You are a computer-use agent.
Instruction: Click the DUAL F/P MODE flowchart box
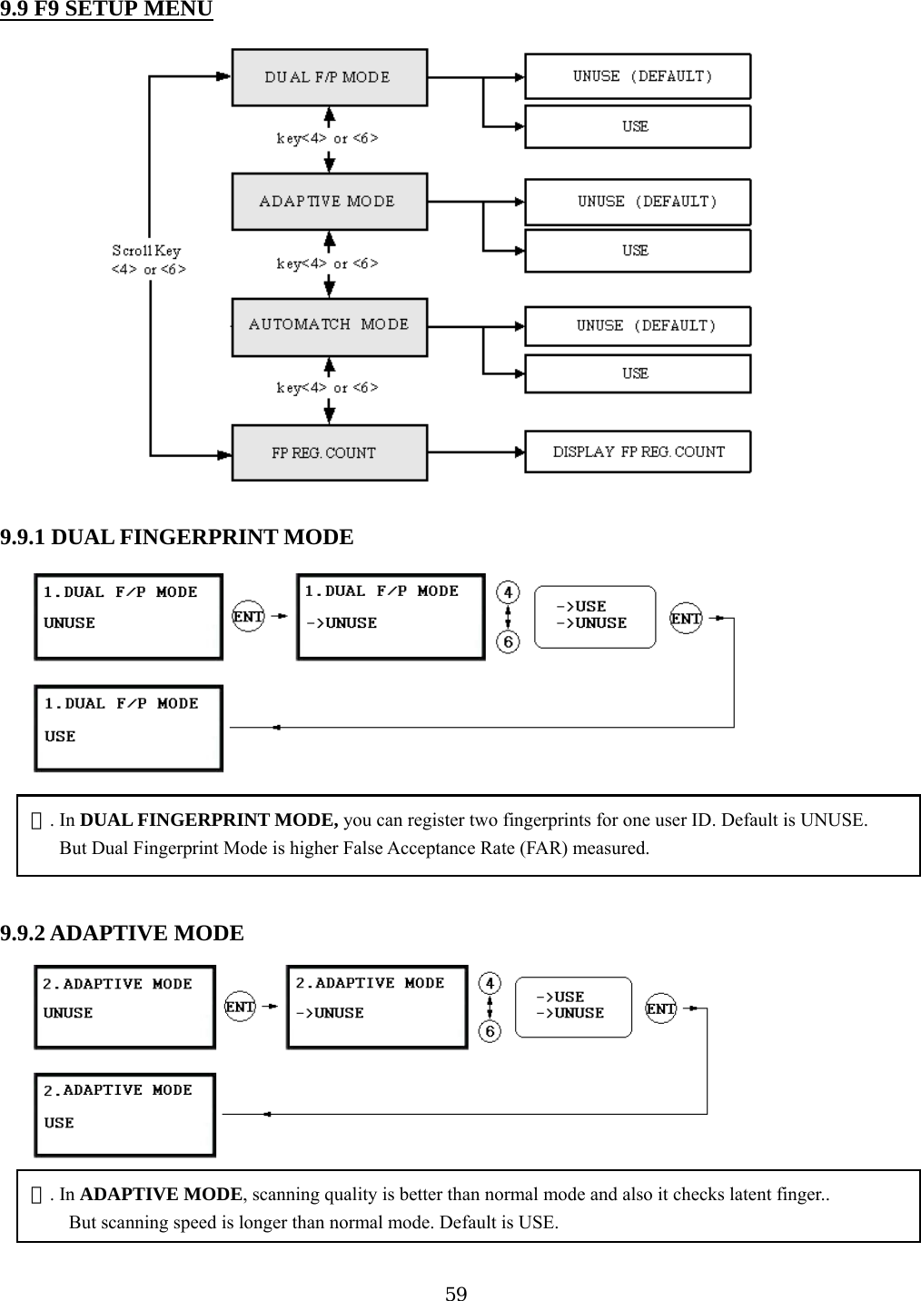[329, 77]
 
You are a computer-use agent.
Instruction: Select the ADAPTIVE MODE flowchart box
[329, 202]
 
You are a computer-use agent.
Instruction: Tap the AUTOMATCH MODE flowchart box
[329, 326]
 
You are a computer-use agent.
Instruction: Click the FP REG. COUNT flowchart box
[329, 452]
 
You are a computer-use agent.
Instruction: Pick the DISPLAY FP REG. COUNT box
[638, 452]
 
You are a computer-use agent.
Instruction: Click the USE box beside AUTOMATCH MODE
[638, 373]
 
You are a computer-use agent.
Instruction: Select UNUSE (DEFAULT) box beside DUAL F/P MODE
[638, 76]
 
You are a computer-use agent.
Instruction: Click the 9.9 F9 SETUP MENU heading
[106, 10]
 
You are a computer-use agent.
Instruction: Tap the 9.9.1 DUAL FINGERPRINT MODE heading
[177, 537]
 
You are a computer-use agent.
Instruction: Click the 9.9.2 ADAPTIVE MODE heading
[123, 933]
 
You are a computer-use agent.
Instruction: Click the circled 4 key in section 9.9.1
[508, 592]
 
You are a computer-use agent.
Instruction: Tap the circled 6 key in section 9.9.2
[490, 1032]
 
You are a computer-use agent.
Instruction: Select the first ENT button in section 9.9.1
[248, 616]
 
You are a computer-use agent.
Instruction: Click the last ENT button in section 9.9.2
[661, 1008]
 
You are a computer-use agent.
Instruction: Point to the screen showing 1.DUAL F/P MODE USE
[128, 728]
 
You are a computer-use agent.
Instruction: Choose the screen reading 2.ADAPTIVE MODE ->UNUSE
[377, 1007]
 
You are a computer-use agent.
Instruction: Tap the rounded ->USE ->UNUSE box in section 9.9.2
[573, 1006]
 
